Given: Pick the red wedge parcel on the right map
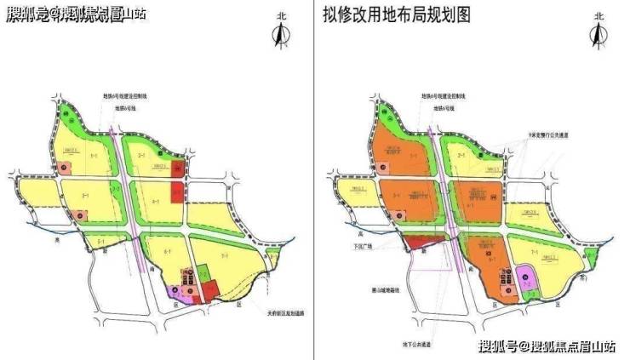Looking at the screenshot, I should point(422,243).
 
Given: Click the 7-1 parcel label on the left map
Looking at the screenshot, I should point(225,254).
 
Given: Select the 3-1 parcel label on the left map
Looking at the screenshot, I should point(84,197).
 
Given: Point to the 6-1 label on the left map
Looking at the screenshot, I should point(168,253).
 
